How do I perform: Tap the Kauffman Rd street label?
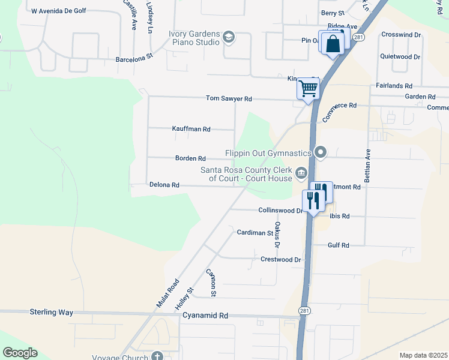coord(191,129)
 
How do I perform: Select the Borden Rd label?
coord(190,158)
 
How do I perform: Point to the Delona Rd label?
coord(164,185)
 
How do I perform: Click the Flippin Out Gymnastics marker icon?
coord(321,152)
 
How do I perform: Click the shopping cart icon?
coord(308,89)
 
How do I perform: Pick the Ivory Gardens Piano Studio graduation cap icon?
coord(228,38)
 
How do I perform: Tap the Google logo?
coord(20,353)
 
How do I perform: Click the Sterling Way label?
coord(52,313)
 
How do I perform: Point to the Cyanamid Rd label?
coord(205,315)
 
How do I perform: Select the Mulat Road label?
coord(167,293)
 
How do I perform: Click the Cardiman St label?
coord(255,232)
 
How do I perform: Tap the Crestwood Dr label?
coord(280,259)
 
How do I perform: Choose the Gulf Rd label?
coord(339,245)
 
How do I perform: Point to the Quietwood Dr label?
coord(400,57)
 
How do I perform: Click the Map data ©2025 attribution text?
coord(424,355)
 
